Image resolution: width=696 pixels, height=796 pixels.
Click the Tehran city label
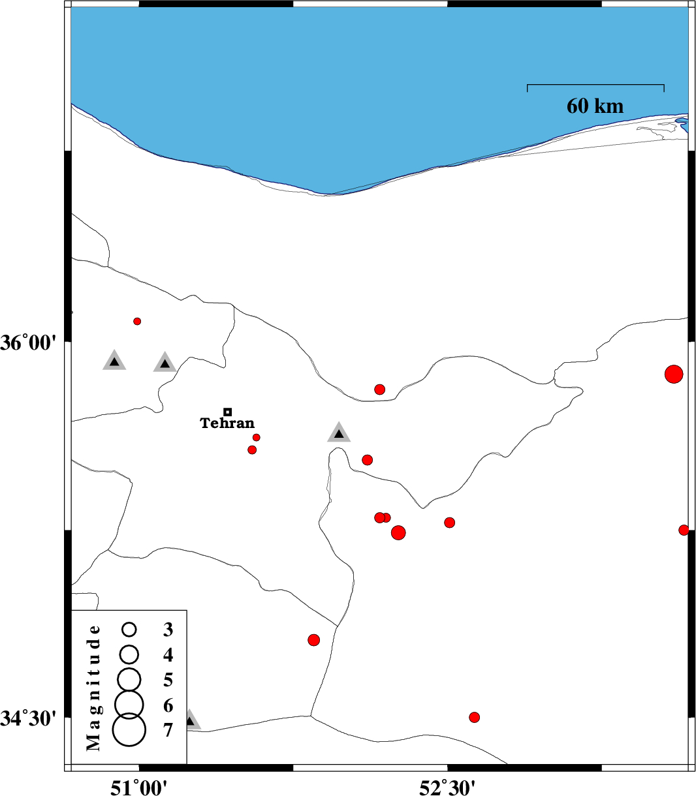point(227,423)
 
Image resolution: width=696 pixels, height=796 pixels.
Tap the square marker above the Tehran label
point(228,412)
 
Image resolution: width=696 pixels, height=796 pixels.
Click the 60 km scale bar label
point(595,106)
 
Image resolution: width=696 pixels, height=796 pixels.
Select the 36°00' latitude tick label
point(29,343)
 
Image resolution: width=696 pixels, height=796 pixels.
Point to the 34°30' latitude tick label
point(29,718)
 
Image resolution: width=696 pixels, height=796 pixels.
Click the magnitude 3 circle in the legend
point(129,629)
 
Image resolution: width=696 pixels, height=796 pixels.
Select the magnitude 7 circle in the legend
point(129,729)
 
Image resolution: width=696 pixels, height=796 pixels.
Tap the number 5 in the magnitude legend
point(168,680)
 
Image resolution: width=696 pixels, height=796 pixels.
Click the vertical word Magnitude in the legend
point(93,688)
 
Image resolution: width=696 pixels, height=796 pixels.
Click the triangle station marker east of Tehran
point(339,432)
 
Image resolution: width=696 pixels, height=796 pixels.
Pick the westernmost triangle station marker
point(114,360)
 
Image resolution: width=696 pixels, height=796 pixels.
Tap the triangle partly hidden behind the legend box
point(193,720)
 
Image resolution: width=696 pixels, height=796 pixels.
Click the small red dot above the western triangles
point(137,322)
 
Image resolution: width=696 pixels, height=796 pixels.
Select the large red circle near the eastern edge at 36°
point(674,374)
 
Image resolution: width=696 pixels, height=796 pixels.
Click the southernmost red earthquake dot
point(474,717)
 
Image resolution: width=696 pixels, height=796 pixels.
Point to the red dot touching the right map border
point(684,530)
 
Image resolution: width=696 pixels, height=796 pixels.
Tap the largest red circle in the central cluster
point(398,532)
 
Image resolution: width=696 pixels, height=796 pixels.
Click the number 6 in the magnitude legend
point(168,705)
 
